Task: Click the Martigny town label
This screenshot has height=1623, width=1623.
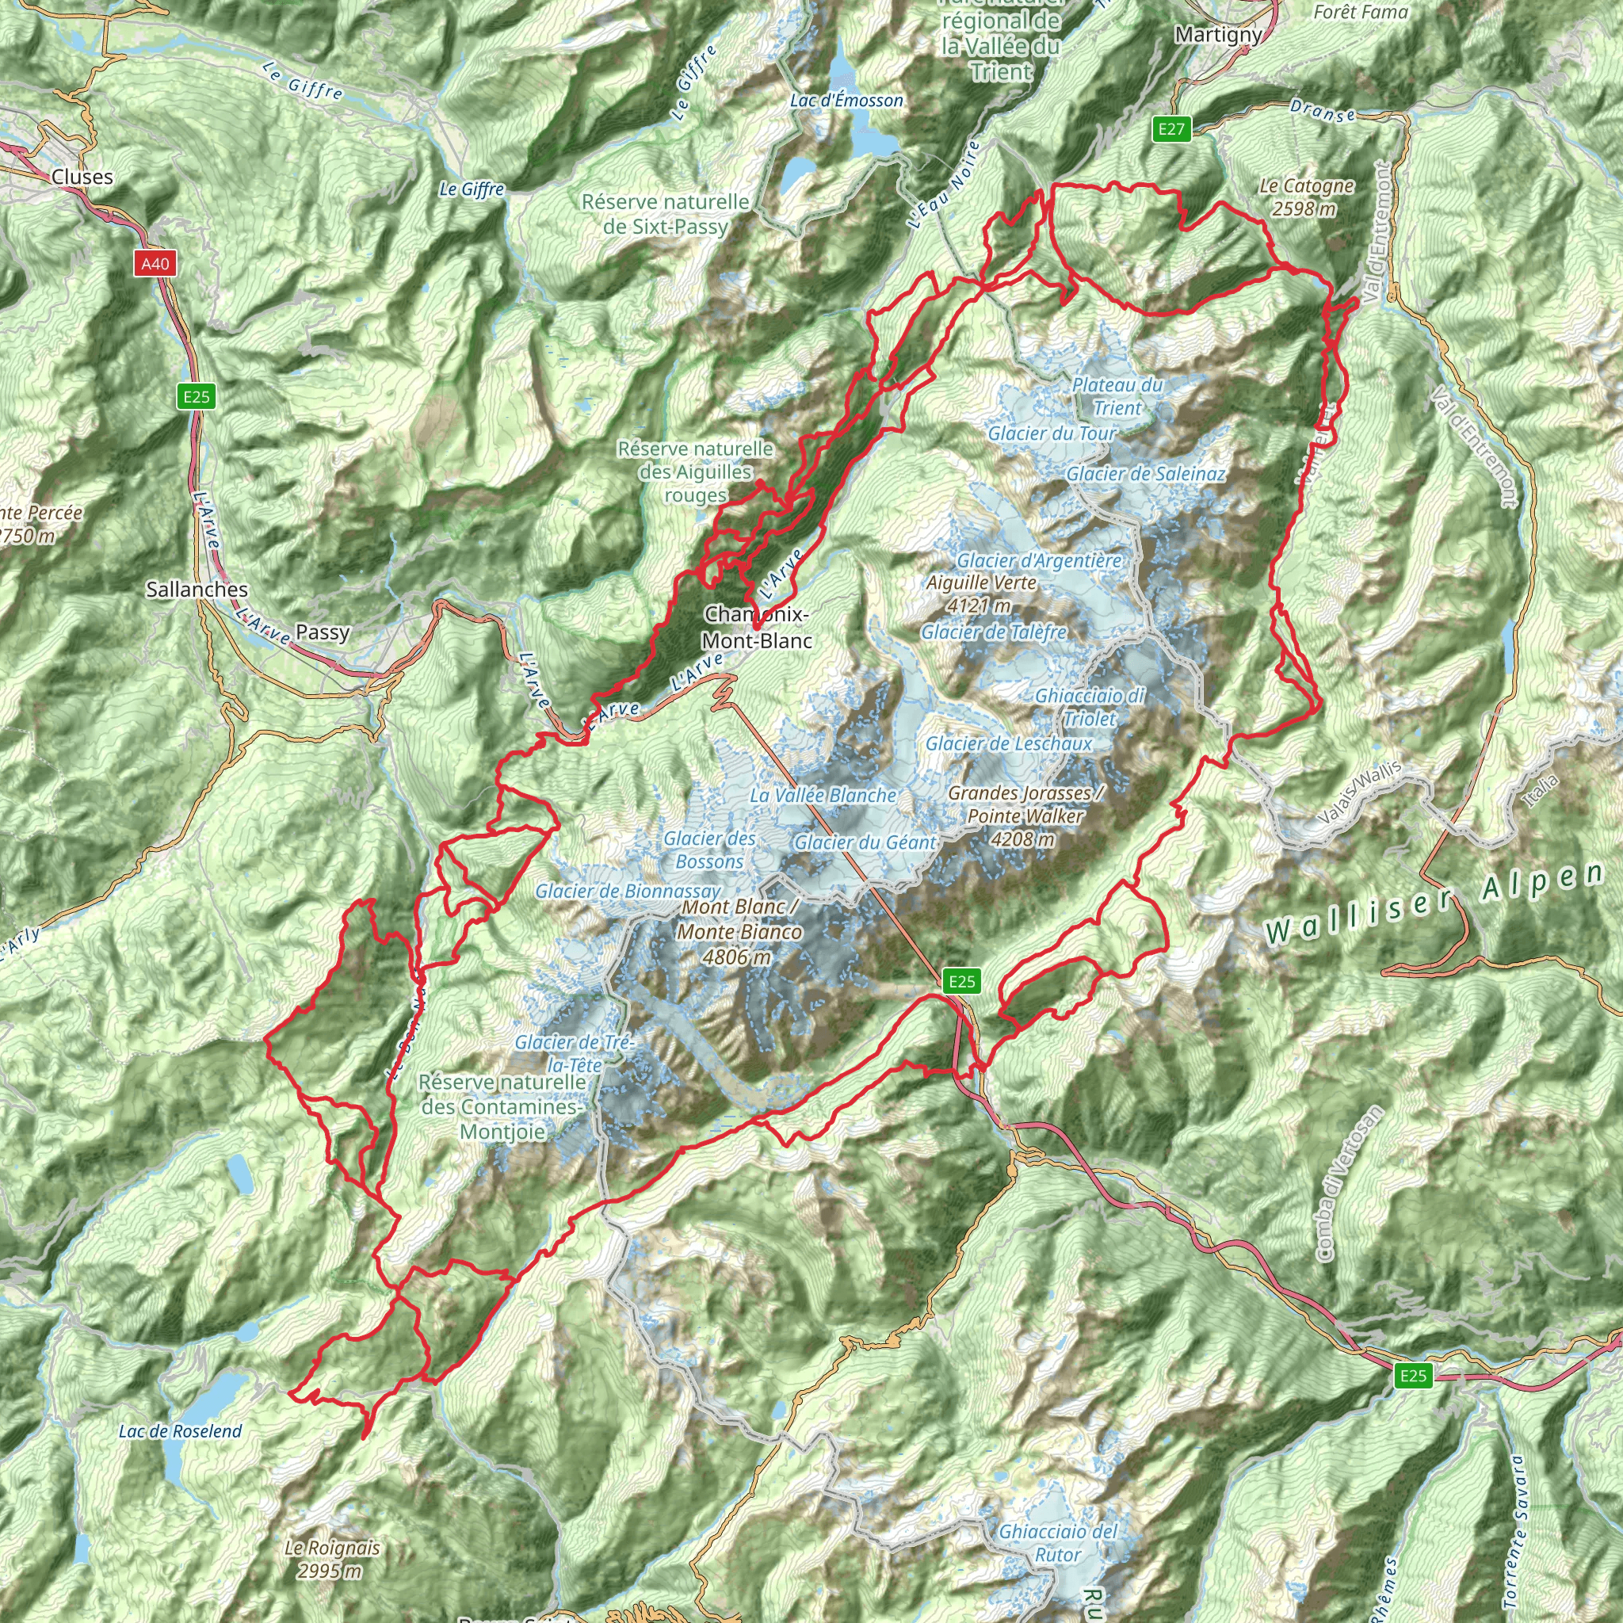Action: coord(1218,34)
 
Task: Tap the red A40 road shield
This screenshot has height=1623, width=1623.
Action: coord(155,264)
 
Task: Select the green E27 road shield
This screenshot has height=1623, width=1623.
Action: coord(1171,128)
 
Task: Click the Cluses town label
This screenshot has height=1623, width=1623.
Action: coord(82,177)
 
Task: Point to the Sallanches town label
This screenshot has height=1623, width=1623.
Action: coord(197,590)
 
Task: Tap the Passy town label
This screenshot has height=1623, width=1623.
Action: coord(323,632)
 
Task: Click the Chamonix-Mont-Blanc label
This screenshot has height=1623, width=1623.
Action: coord(757,627)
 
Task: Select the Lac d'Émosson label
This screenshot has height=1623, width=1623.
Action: coord(847,101)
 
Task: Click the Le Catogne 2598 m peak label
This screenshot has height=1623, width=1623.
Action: coord(1306,197)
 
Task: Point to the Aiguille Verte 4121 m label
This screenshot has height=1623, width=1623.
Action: coord(981,593)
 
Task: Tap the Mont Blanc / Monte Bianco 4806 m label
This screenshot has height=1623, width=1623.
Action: coord(739,931)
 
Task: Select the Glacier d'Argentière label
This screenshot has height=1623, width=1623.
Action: coord(1039,560)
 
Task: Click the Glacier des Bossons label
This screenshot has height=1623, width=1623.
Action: coord(710,850)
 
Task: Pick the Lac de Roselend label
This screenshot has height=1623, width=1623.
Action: coord(181,1430)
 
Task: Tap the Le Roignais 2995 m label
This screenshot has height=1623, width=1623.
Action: coord(332,1558)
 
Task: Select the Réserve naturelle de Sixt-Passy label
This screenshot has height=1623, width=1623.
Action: coord(666,214)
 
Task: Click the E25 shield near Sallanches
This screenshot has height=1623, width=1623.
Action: coord(197,396)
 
